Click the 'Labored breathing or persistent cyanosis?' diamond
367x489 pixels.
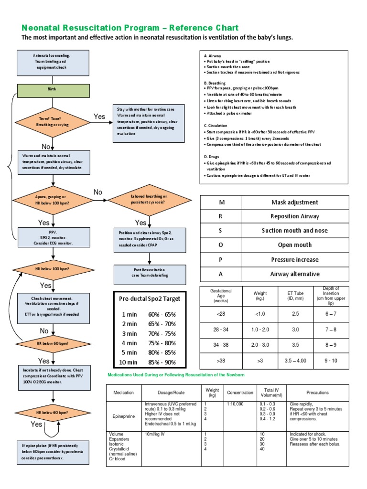pos(149,200)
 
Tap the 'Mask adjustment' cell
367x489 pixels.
pos(294,202)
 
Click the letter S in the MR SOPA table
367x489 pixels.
pos(221,231)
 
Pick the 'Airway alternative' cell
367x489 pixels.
pos(294,274)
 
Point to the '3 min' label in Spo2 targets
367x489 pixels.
pos(129,333)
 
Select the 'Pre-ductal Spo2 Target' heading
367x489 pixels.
pos(151,298)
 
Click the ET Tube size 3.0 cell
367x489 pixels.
pos(295,330)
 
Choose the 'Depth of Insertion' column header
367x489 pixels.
pos(331,296)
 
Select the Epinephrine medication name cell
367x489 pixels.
pos(124,416)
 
